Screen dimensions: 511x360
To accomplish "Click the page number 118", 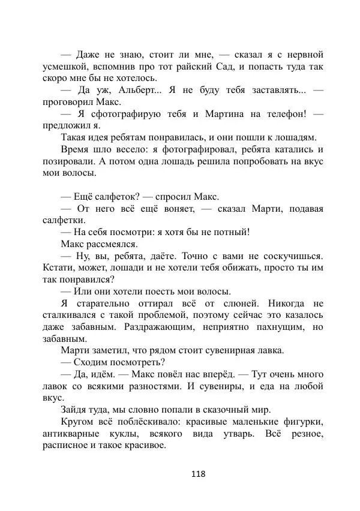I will tap(198, 473).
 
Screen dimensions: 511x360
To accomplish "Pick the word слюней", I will tap(233, 304).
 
